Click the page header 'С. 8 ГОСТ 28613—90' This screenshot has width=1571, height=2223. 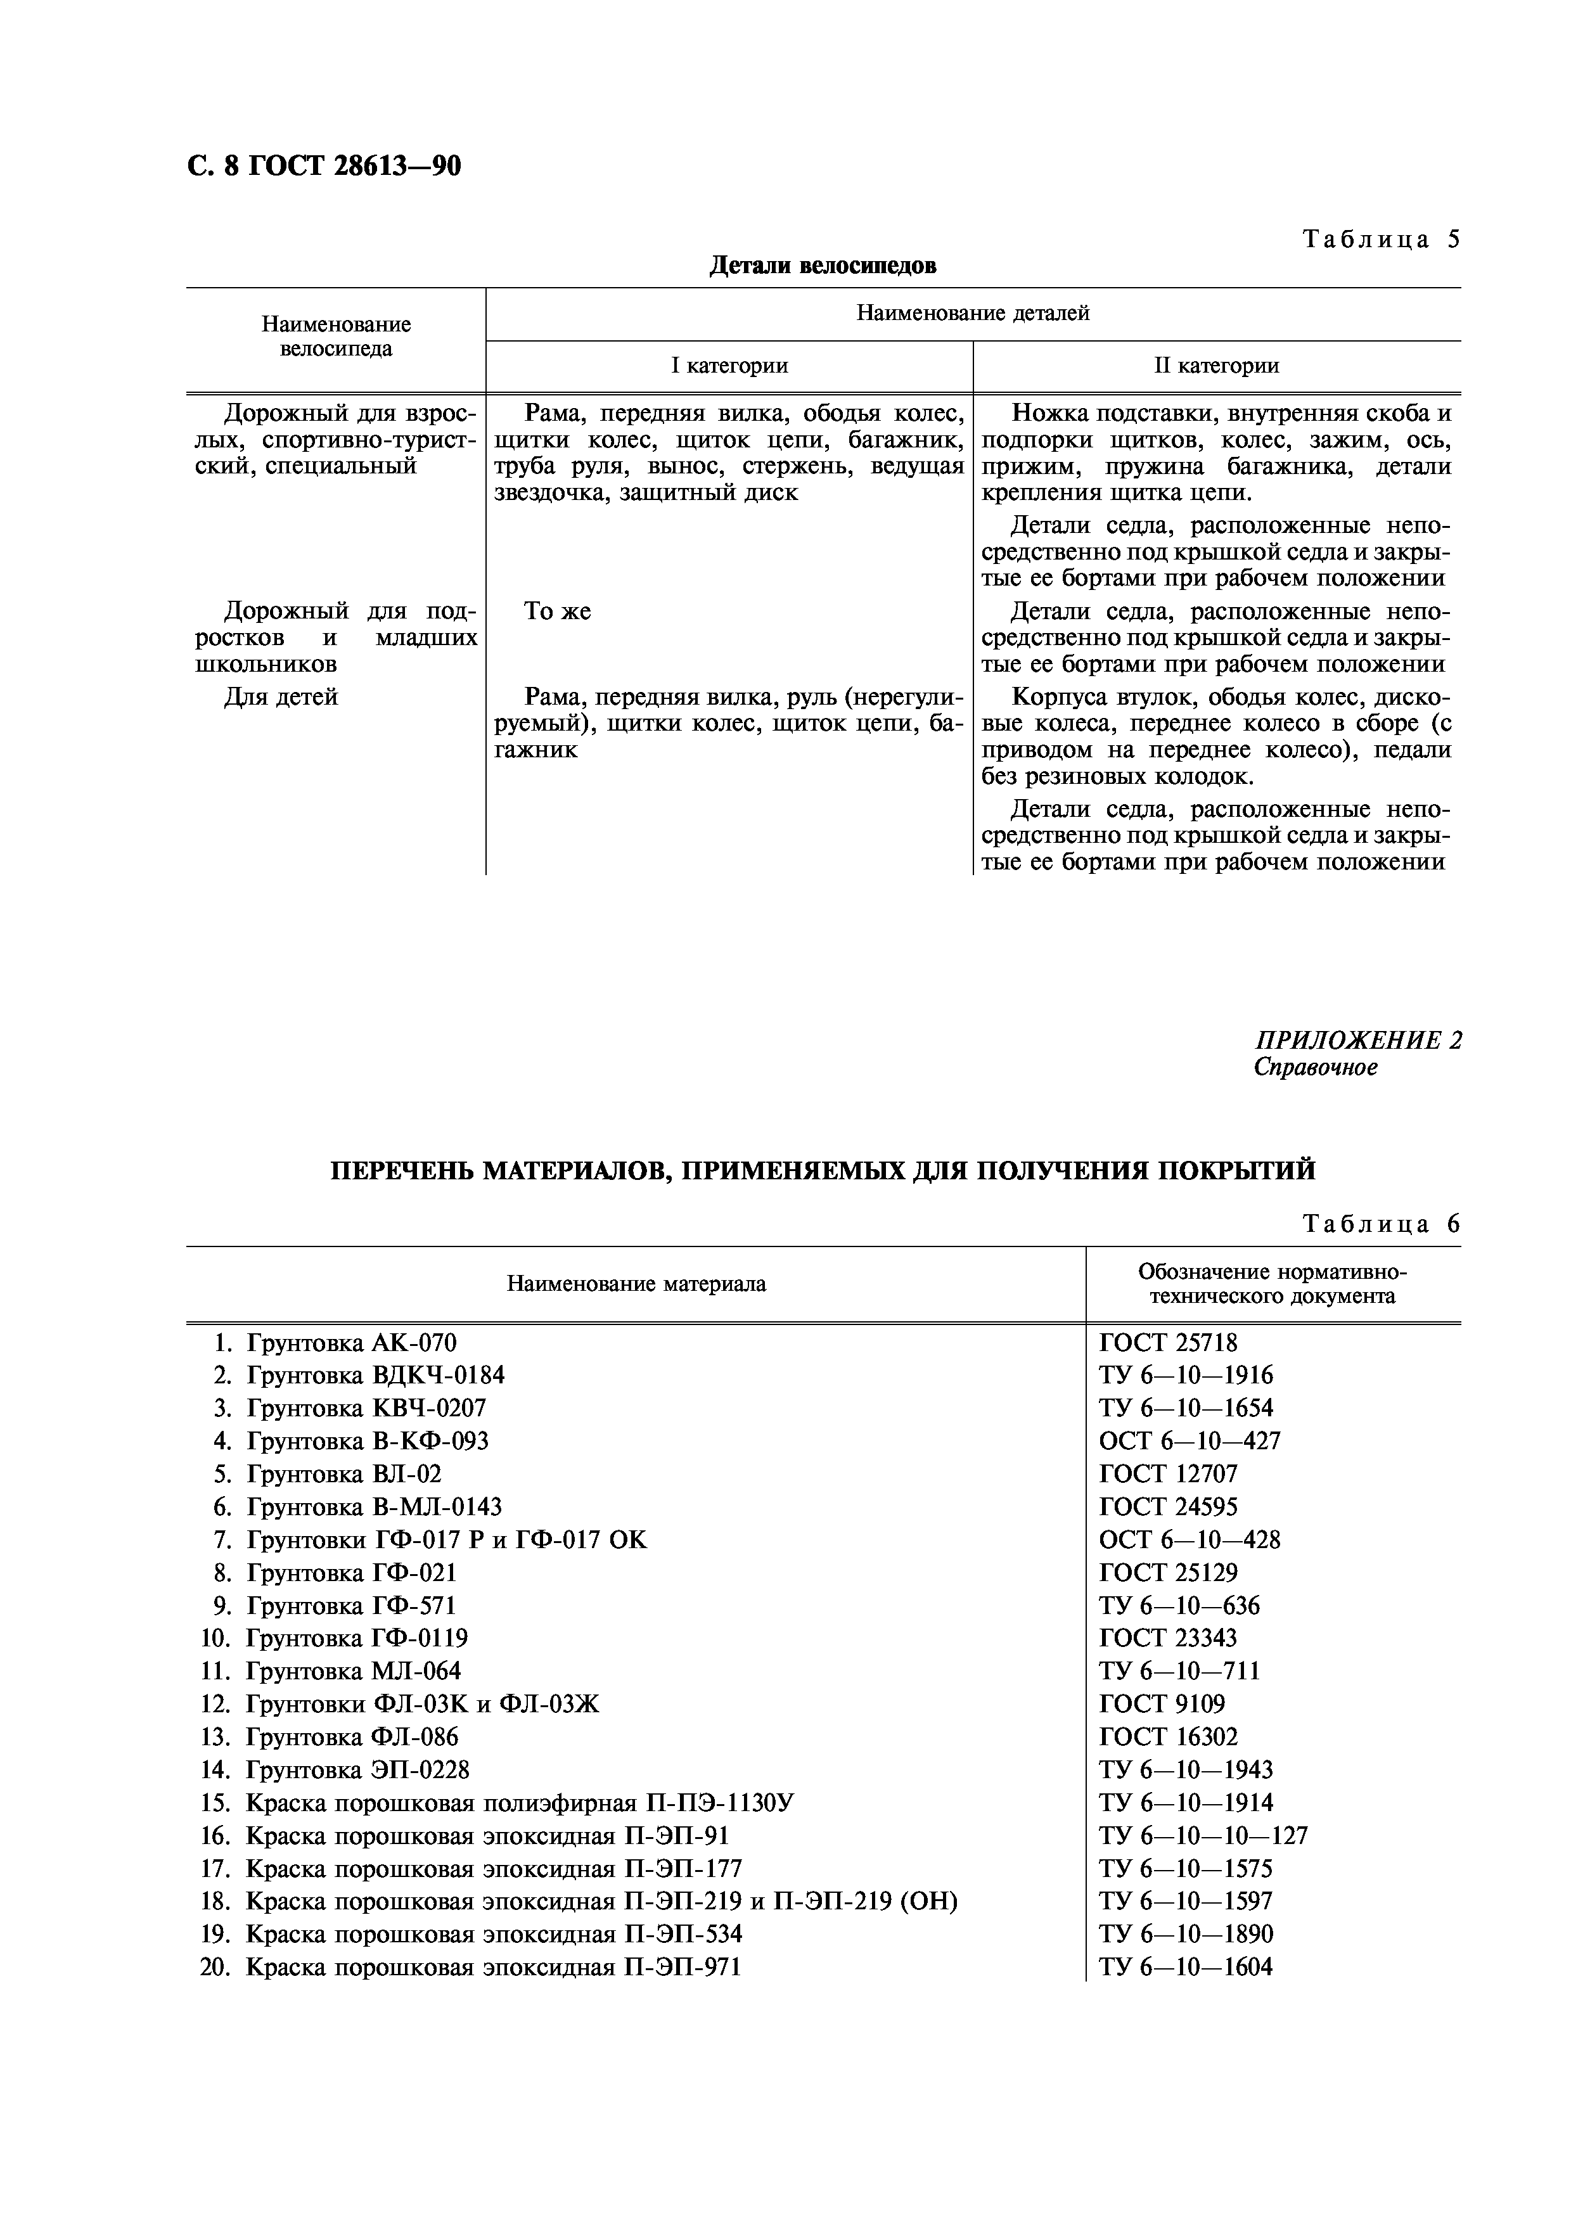[x=323, y=167]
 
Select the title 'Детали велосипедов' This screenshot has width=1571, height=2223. [x=822, y=266]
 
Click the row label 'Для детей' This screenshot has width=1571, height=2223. [x=281, y=697]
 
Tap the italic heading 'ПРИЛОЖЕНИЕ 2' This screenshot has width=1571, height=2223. [x=1358, y=1041]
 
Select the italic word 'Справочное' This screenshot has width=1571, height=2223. [x=1316, y=1067]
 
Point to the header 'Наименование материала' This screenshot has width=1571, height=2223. [x=636, y=1284]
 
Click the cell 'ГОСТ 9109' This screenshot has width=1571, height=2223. [x=1162, y=1704]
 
